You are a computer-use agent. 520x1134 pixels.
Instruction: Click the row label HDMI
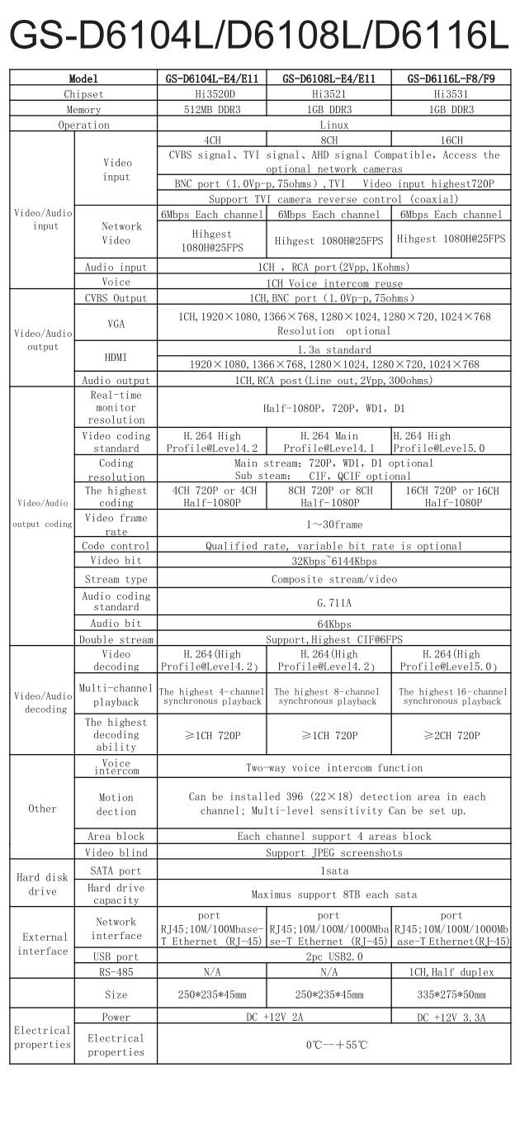tap(116, 358)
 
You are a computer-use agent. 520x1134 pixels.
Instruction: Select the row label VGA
tap(116, 325)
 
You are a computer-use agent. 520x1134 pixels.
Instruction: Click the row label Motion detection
tap(116, 804)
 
